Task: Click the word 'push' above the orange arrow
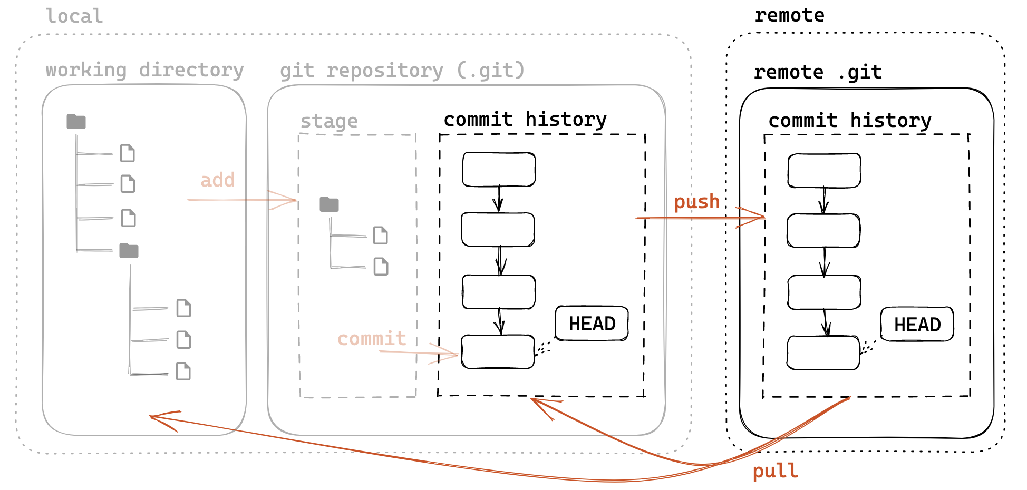point(697,202)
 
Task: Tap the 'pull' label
point(775,471)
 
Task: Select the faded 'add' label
point(217,180)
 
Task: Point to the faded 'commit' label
point(372,338)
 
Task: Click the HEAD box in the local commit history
point(592,324)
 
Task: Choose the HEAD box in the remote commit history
point(917,325)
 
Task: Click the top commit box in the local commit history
point(499,170)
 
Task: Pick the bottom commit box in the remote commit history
point(823,352)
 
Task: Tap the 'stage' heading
point(329,121)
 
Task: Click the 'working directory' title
point(144,70)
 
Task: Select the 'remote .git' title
point(817,72)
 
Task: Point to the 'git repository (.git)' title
point(402,70)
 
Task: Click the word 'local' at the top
point(74,16)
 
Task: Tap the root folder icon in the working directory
point(76,122)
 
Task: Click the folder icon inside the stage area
point(329,204)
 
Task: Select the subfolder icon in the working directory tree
point(129,251)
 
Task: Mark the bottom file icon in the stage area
point(381,267)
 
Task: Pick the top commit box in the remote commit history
point(824,171)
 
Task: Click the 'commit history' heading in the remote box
point(849,121)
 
